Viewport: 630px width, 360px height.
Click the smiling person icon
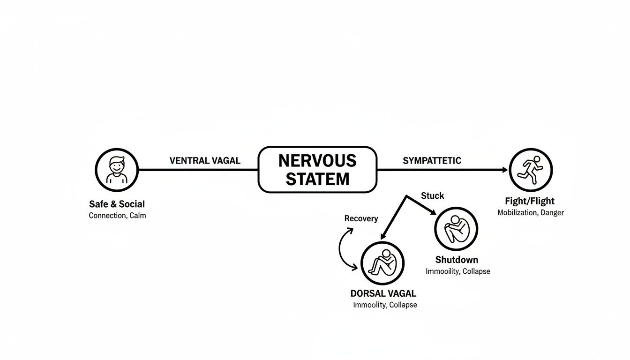click(x=116, y=170)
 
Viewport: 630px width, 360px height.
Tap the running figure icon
click(x=531, y=170)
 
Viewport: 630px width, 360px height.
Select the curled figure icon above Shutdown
click(x=456, y=229)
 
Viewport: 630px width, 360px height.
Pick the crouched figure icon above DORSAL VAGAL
click(x=382, y=263)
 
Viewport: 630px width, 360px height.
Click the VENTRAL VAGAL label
click(x=205, y=161)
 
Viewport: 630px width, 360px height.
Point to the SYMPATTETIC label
click(x=432, y=161)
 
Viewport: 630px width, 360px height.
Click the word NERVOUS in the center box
click(x=317, y=161)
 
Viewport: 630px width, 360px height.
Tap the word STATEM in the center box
click(x=317, y=179)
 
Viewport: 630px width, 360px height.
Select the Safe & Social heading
click(x=117, y=204)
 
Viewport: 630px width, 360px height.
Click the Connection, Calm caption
click(x=117, y=216)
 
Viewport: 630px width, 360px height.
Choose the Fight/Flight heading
click(x=530, y=201)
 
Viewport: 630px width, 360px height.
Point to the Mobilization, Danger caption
click(x=530, y=213)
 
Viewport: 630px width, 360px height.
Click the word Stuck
click(x=432, y=196)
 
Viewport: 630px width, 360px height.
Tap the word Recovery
click(x=361, y=218)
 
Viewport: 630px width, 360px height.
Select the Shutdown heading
click(x=457, y=260)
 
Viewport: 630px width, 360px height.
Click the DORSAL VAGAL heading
click(x=383, y=294)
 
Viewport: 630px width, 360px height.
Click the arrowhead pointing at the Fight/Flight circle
click(x=504, y=170)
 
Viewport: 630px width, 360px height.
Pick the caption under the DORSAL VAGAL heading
click(x=385, y=305)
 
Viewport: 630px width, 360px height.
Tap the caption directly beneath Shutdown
click(x=457, y=271)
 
